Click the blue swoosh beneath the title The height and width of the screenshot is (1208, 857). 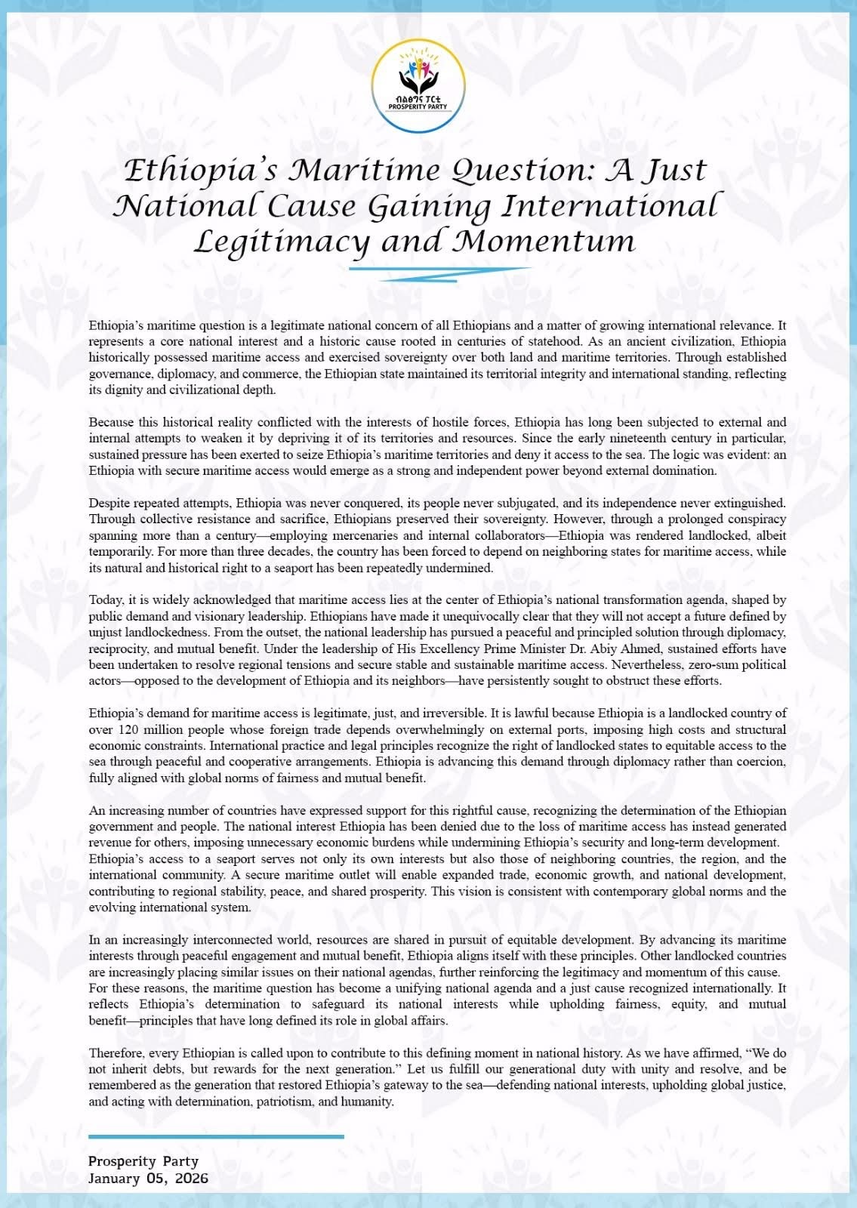click(438, 273)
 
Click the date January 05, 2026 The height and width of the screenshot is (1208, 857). click(148, 1179)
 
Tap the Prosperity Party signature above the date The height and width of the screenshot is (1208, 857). click(143, 1161)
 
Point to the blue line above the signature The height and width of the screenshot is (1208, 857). click(216, 1136)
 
